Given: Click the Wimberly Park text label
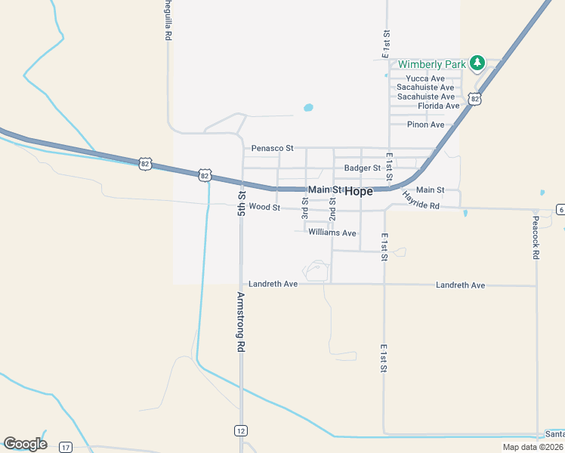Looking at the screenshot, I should click(432, 64).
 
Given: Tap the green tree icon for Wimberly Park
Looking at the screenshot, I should click(477, 63).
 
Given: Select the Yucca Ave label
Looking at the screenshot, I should click(425, 79).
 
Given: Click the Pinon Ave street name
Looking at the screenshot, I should click(426, 125).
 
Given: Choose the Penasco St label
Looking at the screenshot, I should click(273, 149).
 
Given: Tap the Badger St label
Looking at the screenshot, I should click(363, 168).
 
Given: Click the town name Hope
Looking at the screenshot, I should click(359, 191).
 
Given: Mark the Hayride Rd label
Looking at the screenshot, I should click(421, 199).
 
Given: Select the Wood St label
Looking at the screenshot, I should click(264, 207).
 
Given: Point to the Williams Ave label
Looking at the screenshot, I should click(332, 233).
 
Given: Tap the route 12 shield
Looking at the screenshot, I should click(240, 430).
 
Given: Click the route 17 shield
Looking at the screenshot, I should click(66, 448).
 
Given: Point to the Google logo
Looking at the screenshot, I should click(25, 444).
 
